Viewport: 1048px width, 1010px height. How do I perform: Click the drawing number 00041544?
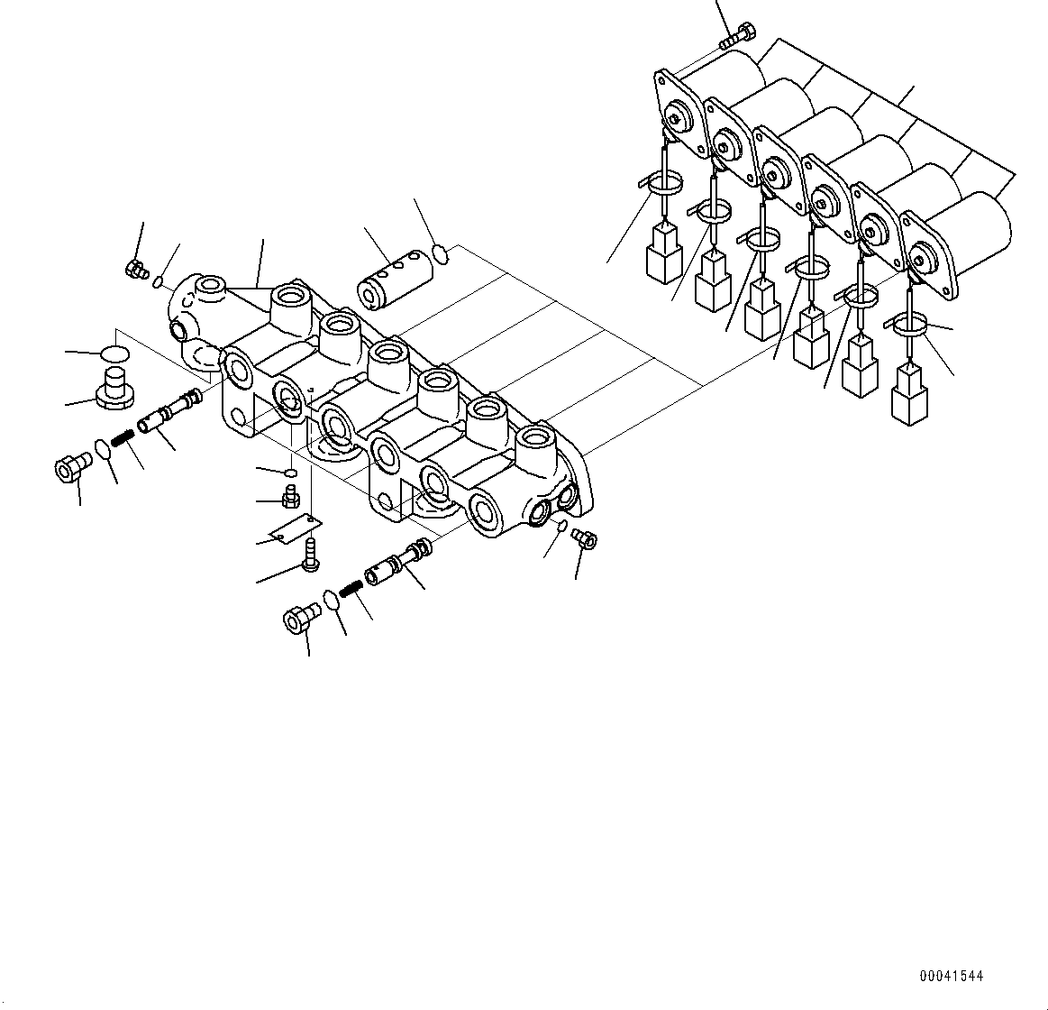(x=952, y=976)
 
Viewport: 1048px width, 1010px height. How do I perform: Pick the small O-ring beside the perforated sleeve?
(x=440, y=253)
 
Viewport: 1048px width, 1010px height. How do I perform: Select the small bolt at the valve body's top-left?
(x=137, y=268)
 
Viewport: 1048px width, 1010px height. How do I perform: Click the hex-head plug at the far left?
(x=70, y=468)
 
